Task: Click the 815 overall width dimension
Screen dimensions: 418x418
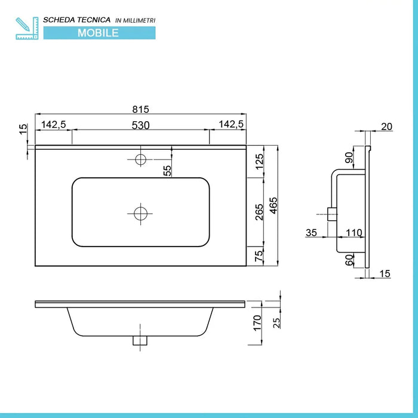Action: [140, 109]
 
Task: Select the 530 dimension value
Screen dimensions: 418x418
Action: [140, 125]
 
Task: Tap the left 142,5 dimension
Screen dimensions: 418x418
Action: [53, 125]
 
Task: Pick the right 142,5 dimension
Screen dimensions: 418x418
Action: [231, 125]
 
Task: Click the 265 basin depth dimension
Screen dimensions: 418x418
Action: [259, 212]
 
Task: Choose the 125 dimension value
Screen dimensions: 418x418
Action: [259, 162]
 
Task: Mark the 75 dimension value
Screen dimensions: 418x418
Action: [259, 255]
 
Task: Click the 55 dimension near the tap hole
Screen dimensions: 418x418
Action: [168, 170]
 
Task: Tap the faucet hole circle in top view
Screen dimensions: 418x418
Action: [140, 159]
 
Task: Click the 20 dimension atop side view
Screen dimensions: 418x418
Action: [386, 126]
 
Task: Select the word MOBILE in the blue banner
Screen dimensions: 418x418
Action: [99, 33]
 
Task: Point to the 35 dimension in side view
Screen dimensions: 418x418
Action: [311, 232]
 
